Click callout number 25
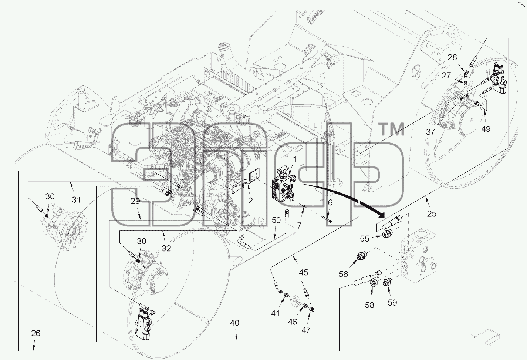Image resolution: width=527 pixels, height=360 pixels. (x=432, y=214)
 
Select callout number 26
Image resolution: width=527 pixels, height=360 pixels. (x=36, y=333)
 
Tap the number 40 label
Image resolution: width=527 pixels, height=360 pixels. (x=234, y=323)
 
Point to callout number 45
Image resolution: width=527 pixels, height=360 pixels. (x=303, y=272)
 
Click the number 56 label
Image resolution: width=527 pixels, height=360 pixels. (x=344, y=274)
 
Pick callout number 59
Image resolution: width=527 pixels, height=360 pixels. (x=392, y=302)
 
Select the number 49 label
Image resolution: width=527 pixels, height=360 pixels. (x=486, y=129)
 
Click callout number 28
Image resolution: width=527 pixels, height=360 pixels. (x=452, y=57)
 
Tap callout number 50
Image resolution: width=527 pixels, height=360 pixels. (x=276, y=220)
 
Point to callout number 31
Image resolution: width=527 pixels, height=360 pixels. (x=76, y=200)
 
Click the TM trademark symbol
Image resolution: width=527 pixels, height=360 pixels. (x=392, y=130)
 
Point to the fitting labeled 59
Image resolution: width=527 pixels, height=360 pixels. (x=387, y=282)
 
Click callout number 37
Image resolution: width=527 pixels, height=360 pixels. (x=430, y=132)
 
